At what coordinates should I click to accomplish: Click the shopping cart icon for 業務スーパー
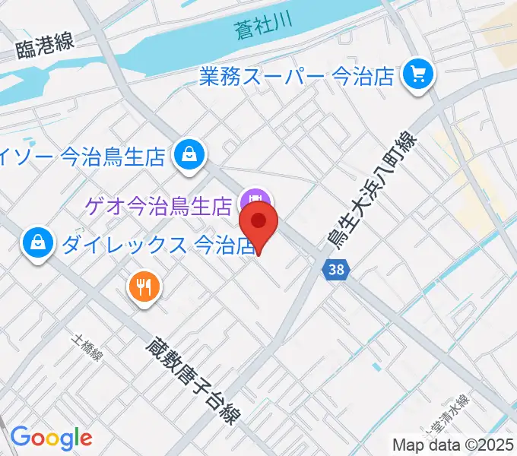tap(417, 74)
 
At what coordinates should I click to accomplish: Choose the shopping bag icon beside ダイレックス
tap(36, 243)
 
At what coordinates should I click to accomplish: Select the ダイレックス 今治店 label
tap(157, 245)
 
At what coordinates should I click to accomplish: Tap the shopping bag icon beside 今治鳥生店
tap(186, 155)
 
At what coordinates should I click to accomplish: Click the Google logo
tap(51, 437)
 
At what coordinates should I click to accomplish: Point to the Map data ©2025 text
tap(453, 445)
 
